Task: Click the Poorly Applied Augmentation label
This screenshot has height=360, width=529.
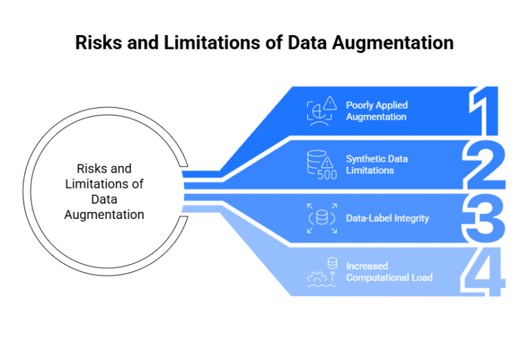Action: point(377,111)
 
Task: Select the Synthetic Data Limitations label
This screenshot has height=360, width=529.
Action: point(377,165)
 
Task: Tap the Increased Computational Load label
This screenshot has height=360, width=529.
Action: point(389,271)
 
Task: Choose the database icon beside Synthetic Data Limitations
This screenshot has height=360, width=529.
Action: point(317,160)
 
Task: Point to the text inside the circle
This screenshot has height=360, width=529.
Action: point(104,191)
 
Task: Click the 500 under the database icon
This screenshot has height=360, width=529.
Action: point(327,175)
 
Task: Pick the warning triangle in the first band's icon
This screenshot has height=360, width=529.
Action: point(331,104)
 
